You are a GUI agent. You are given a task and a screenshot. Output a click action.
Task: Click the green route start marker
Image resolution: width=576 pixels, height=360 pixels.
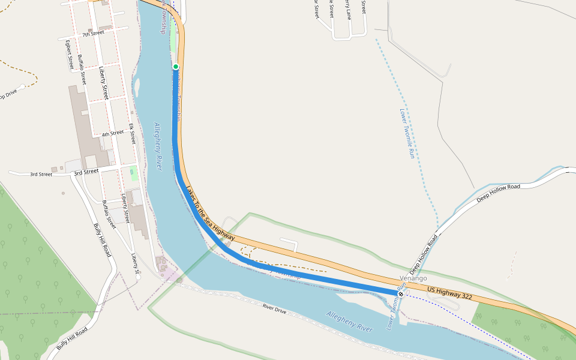[x=176, y=67]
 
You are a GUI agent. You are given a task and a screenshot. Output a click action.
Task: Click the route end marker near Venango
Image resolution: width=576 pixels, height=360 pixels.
[x=401, y=293]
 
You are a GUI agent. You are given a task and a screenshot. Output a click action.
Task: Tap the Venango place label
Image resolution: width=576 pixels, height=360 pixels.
[x=413, y=278]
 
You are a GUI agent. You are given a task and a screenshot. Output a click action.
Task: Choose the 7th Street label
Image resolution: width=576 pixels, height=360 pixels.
[x=94, y=34]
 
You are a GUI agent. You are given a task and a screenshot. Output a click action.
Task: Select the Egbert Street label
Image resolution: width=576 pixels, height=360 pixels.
[x=70, y=55]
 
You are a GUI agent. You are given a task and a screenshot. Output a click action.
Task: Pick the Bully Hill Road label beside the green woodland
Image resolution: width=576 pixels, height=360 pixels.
[x=101, y=240]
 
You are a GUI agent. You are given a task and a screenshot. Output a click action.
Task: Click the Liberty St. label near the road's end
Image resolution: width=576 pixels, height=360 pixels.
[x=136, y=265]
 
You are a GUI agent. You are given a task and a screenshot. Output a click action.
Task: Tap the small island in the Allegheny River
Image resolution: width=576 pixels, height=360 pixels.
[x=136, y=87]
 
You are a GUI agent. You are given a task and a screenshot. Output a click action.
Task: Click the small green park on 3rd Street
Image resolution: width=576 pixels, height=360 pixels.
[x=134, y=174]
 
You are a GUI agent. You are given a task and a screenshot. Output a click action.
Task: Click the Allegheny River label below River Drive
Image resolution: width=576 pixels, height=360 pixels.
[x=350, y=322]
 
